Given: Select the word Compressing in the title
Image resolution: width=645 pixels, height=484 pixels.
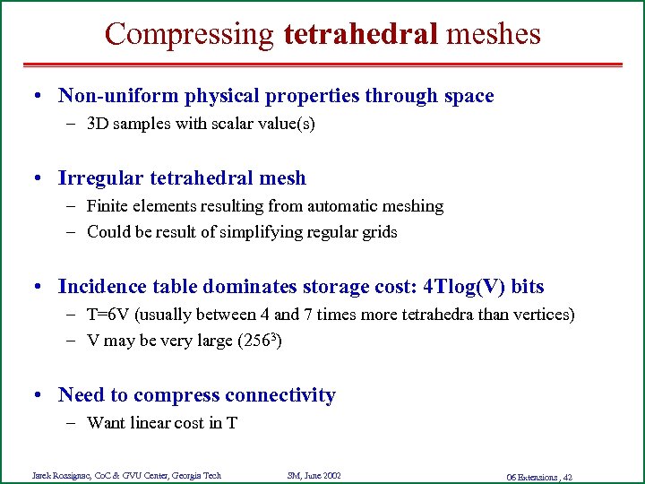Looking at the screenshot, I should click(189, 34).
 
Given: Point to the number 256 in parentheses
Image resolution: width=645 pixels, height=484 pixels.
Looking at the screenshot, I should click(260, 341).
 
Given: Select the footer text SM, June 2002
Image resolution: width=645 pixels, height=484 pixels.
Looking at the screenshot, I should click(314, 475).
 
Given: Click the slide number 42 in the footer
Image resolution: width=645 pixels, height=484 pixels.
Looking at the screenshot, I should click(567, 476).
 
